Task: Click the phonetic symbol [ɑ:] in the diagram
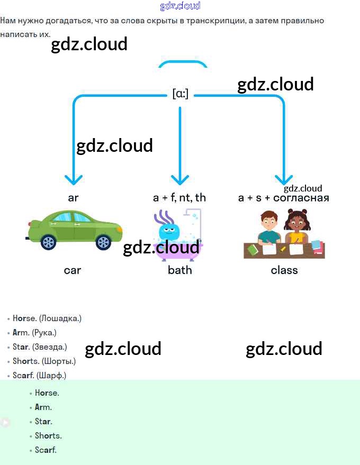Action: click(180, 95)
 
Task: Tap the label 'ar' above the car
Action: click(73, 198)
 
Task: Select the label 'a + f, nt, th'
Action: click(179, 198)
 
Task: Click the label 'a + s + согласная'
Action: click(284, 198)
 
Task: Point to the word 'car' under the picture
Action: click(73, 270)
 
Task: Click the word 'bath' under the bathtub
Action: click(179, 270)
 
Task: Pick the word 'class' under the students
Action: click(284, 270)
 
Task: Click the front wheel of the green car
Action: click(103, 242)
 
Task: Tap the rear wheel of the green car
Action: click(48, 242)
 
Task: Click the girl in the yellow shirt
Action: click(295, 227)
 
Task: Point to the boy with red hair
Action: click(269, 226)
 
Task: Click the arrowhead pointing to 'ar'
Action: click(74, 179)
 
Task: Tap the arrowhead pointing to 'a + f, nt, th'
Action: click(180, 179)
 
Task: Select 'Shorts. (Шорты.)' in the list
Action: click(44, 361)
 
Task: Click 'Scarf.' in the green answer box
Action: click(46, 450)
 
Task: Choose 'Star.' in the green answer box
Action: click(43, 422)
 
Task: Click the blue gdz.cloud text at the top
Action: click(180, 6)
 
